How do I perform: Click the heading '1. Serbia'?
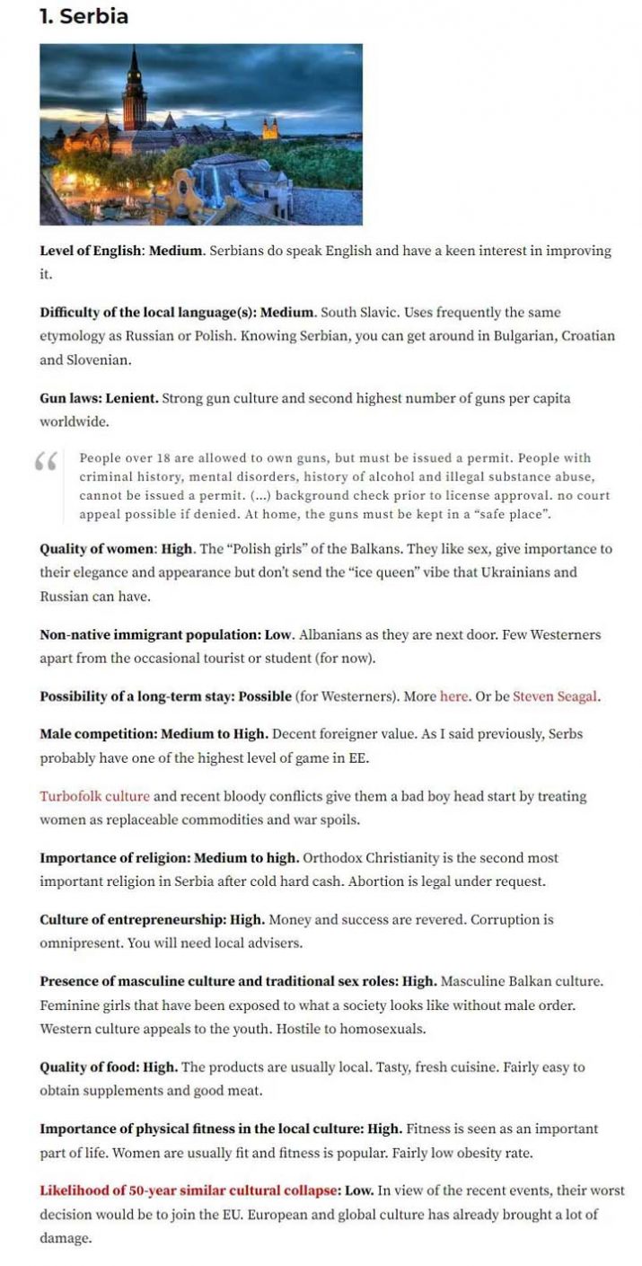click(84, 16)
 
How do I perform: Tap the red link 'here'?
click(453, 696)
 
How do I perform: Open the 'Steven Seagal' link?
click(555, 696)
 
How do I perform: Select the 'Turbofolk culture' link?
click(94, 796)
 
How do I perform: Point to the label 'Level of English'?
click(90, 251)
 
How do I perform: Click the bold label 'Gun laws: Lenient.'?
click(99, 398)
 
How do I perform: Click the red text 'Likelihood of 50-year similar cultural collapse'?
click(188, 1191)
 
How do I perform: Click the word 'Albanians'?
click(330, 634)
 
